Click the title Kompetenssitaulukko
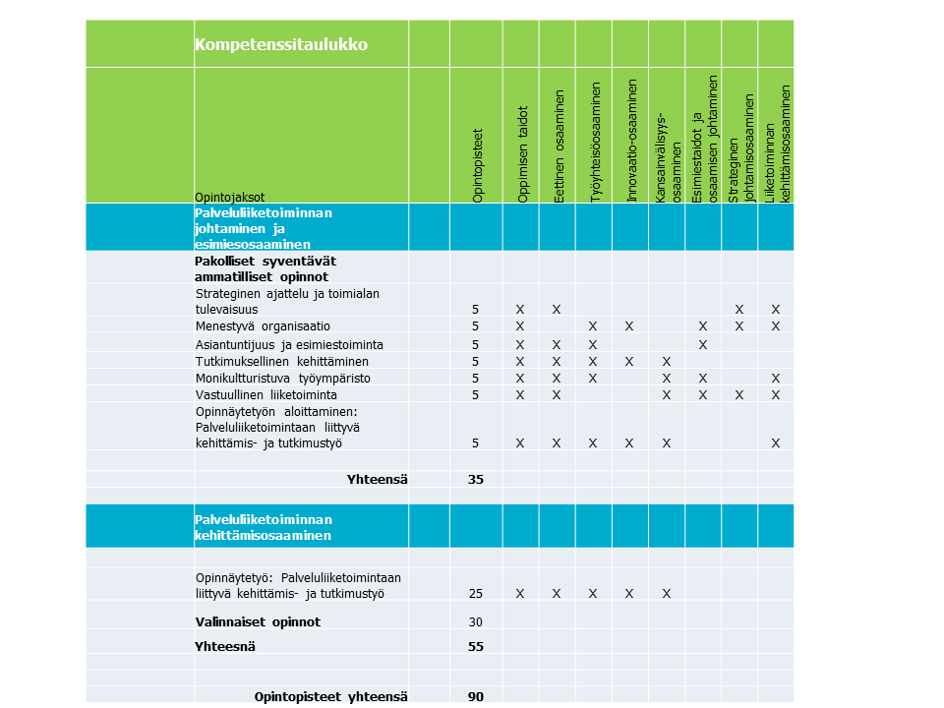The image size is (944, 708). (281, 44)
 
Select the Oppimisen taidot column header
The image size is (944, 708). (522, 154)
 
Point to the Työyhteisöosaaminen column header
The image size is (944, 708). (595, 143)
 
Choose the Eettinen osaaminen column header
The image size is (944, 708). (559, 147)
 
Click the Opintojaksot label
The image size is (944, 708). (229, 197)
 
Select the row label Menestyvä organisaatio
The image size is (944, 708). (263, 326)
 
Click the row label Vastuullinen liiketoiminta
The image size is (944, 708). (265, 394)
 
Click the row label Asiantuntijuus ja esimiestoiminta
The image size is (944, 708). (289, 344)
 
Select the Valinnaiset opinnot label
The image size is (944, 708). (258, 621)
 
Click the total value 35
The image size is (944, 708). (476, 480)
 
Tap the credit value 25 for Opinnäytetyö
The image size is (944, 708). (476, 593)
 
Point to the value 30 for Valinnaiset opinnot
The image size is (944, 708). (476, 621)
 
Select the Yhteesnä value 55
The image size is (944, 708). (476, 647)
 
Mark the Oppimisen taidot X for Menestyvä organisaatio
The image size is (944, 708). (520, 326)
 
